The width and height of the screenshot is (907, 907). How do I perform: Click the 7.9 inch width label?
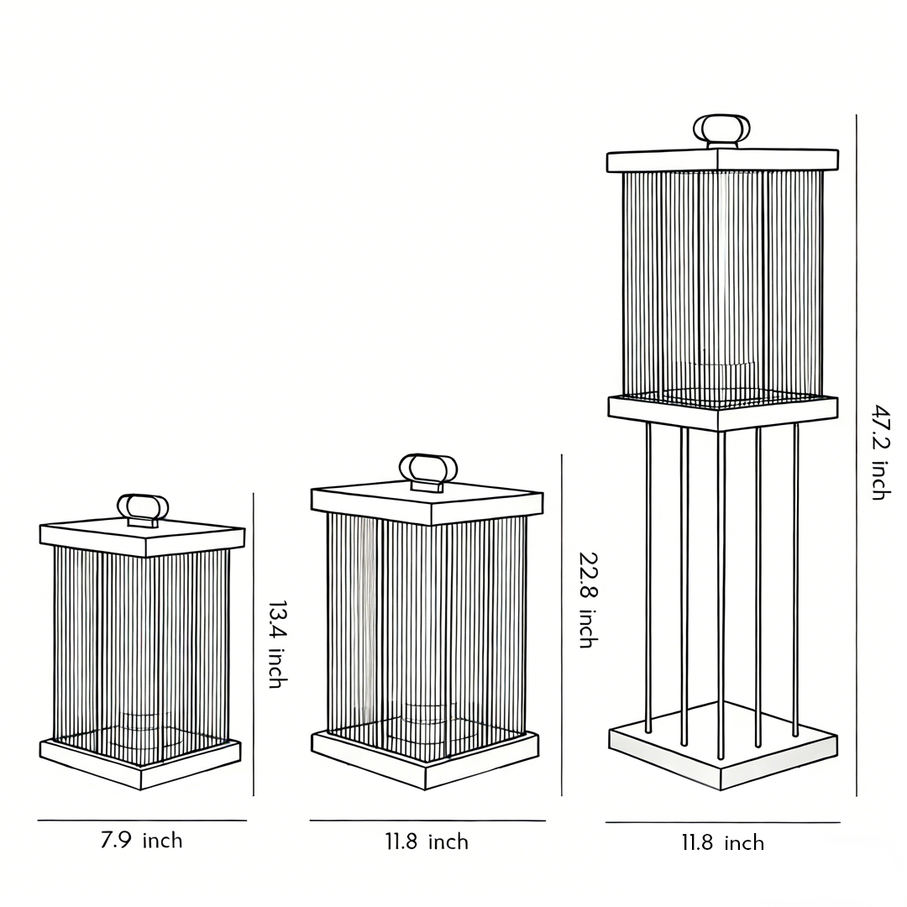pyautogui.click(x=141, y=840)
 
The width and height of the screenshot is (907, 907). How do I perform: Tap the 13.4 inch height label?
pyautogui.click(x=275, y=644)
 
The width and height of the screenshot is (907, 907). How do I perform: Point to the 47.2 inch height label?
pyautogui.click(x=879, y=452)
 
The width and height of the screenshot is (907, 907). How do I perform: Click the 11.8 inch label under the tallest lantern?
pyautogui.click(x=722, y=843)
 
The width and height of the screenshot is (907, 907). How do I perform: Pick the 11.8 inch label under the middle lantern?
pyautogui.click(x=427, y=841)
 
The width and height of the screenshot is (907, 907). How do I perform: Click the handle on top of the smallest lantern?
pyautogui.click(x=143, y=508)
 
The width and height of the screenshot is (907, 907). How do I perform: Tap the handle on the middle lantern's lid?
pyautogui.click(x=428, y=469)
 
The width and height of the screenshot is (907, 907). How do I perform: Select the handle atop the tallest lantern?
pyautogui.click(x=721, y=130)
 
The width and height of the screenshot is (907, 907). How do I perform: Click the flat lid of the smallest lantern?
pyautogui.click(x=143, y=537)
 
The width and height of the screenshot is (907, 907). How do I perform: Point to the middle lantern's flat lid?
pyautogui.click(x=427, y=501)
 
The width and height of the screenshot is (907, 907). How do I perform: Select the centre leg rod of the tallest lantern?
pyautogui.click(x=721, y=588)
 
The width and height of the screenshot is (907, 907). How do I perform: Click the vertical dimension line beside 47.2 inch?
pyautogui.click(x=857, y=453)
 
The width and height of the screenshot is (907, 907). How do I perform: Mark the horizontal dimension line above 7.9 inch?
pyautogui.click(x=142, y=820)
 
